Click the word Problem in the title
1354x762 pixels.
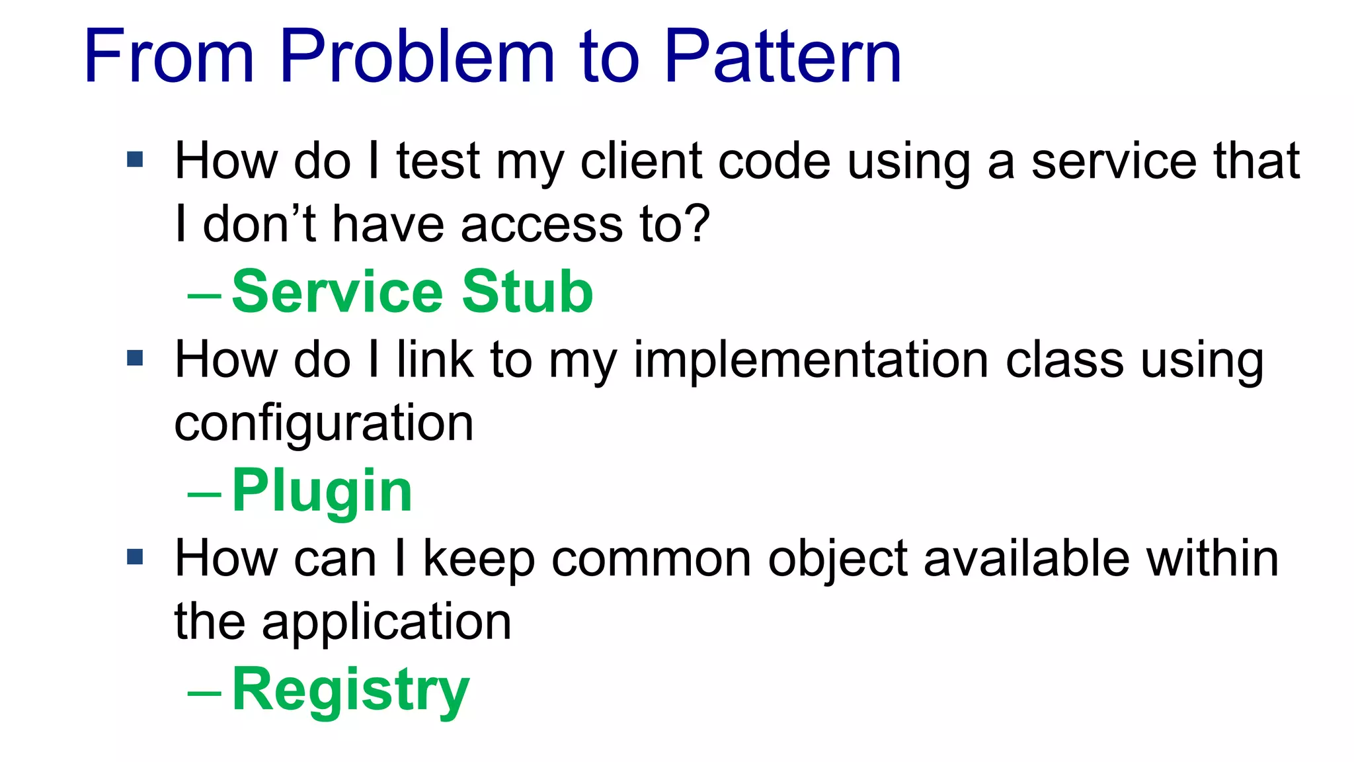417,58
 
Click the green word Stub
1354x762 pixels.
528,292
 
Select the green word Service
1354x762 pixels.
338,292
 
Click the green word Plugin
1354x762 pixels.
322,491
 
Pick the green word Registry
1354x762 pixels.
350,691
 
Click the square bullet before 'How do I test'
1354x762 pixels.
135,159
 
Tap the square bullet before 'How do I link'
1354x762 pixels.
135,359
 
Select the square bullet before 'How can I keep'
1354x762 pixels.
135,557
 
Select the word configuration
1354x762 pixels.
324,424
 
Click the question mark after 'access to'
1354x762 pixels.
696,224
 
